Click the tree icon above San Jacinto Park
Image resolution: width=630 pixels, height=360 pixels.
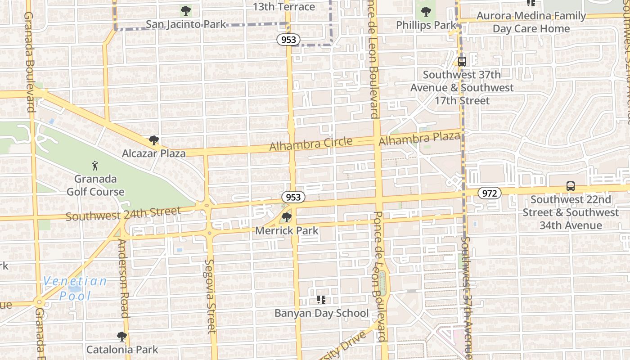point(185,10)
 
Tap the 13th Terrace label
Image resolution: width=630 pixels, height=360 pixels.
point(283,7)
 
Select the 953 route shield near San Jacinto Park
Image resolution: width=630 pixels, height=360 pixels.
point(288,40)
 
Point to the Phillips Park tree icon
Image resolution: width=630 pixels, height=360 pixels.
point(426,12)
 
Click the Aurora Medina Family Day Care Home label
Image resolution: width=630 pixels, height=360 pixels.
point(531,22)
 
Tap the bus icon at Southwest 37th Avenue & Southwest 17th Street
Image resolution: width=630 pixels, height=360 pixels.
point(462,61)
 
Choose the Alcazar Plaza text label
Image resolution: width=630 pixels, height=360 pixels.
point(154,153)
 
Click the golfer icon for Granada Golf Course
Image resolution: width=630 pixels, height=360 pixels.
point(95,165)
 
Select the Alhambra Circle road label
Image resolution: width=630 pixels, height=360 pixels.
point(311,144)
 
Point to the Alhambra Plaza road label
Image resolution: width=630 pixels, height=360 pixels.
point(419,139)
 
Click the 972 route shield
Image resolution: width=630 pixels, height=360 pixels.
point(489,193)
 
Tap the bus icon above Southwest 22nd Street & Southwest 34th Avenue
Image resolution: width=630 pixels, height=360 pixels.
point(570,186)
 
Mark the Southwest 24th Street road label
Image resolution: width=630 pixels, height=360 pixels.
point(123,213)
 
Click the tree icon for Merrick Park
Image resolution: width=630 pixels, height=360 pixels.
point(286,218)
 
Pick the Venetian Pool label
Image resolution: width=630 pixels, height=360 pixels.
point(75,288)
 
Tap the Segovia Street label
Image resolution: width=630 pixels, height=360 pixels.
point(210,296)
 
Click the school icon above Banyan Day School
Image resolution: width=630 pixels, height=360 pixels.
point(321,299)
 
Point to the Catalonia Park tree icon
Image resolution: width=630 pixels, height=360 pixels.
point(121,336)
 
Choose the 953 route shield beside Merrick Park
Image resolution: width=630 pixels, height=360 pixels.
point(293,197)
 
